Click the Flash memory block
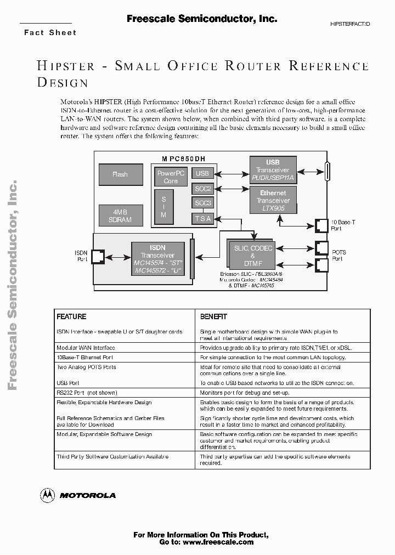[x=120, y=174]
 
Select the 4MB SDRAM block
[x=120, y=216]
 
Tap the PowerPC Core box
[x=171, y=177]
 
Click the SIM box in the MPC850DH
[x=163, y=206]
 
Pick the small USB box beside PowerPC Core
[x=202, y=173]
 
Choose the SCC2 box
[x=202, y=189]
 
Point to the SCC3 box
[x=202, y=203]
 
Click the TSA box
[x=202, y=219]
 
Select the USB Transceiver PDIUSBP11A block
[x=273, y=170]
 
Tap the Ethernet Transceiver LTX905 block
[x=273, y=201]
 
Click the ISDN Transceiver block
[x=157, y=259]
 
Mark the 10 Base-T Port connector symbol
[x=321, y=225]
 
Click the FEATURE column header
[x=72, y=317]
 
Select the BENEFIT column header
[x=213, y=317]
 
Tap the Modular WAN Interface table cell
[x=86, y=348]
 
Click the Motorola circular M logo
[x=48, y=495]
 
